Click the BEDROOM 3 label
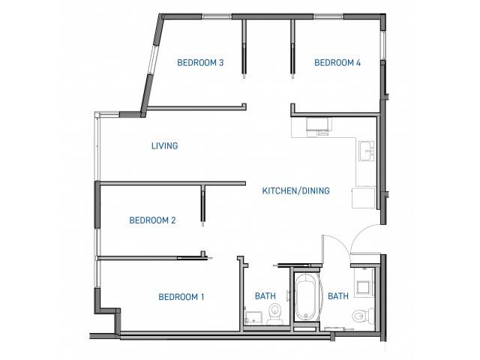pos(200,63)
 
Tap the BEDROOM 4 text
pos(337,63)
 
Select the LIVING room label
pos(165,145)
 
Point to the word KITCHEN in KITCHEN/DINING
pos(279,190)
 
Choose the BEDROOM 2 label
pos(152,220)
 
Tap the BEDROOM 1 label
pos(181,297)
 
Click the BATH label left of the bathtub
pos(265,296)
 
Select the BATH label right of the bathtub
pos(338,296)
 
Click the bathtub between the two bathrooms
pos(307,296)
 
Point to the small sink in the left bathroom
pos(253,317)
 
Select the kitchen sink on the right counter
pos(367,151)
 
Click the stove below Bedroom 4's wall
pos(319,127)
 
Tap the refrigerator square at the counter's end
pos(363,198)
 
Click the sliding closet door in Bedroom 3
pos(244,49)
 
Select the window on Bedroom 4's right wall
pos(382,45)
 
